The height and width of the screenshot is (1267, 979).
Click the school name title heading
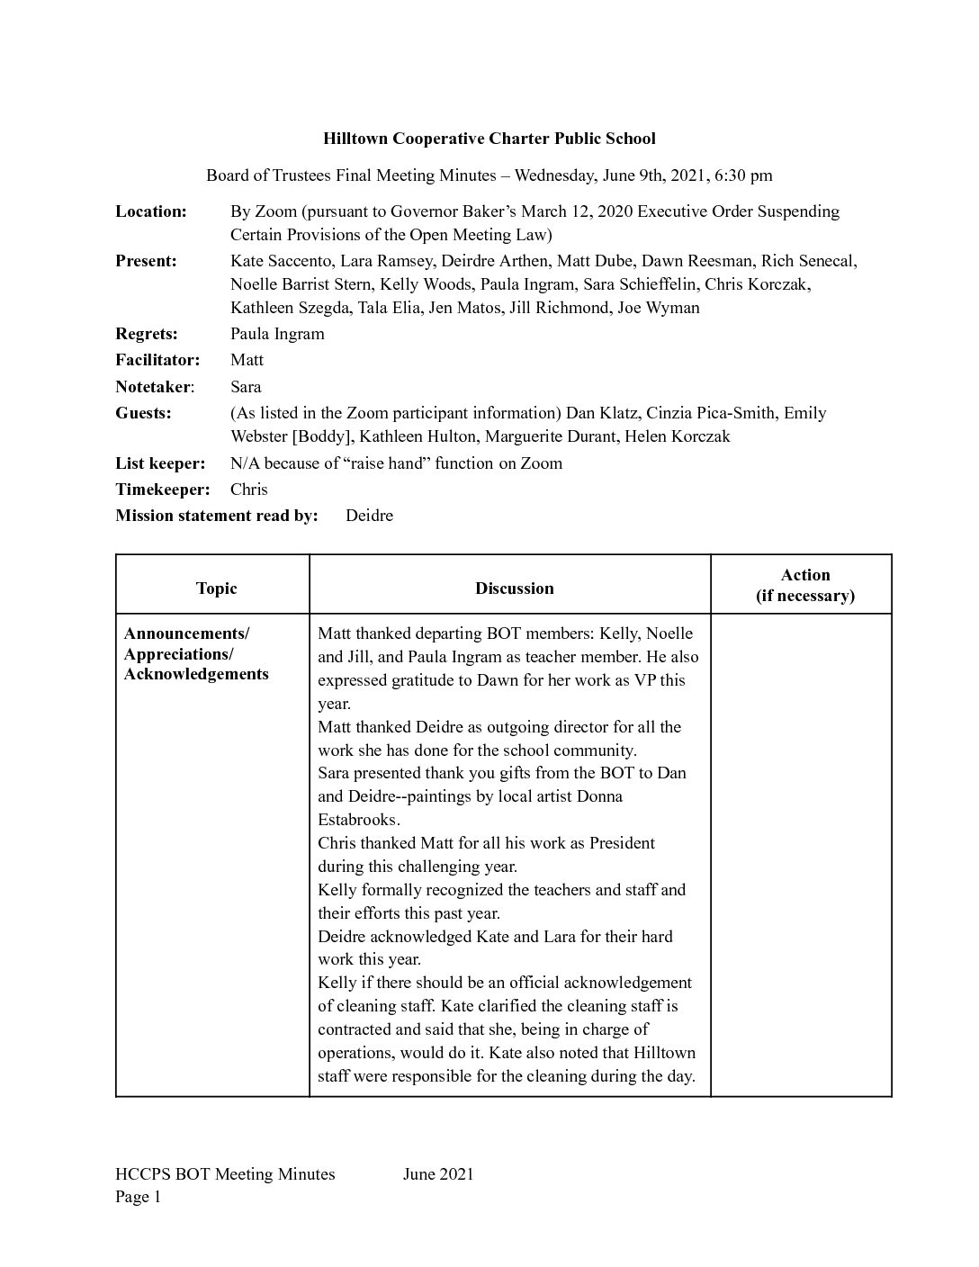[x=489, y=139]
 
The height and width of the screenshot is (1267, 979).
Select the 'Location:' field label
[x=151, y=211]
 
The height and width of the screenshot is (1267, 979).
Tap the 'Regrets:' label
[x=147, y=334]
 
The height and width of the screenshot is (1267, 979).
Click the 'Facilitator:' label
[x=157, y=360]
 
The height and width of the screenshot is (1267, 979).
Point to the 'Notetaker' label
[x=153, y=387]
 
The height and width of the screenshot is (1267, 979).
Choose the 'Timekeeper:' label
[x=162, y=490]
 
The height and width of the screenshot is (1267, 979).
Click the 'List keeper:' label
[x=160, y=463]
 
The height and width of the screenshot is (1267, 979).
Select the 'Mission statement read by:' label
[x=217, y=516]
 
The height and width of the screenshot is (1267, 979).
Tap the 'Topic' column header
[x=216, y=589]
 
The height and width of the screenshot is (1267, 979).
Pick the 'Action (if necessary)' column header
[x=804, y=585]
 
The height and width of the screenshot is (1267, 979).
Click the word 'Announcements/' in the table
[x=186, y=633]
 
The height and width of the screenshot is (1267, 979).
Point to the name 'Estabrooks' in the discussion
[x=357, y=820]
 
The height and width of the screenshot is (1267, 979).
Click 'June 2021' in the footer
[x=438, y=1173]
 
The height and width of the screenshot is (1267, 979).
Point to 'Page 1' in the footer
[x=138, y=1197]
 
